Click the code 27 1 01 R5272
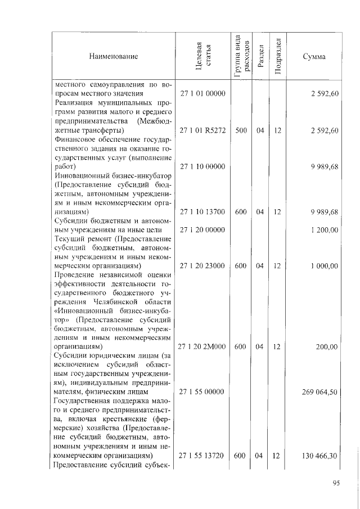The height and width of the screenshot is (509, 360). pos(202,130)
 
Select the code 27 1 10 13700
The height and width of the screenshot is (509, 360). pos(202,211)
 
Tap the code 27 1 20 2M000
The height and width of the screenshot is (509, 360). pos(202,347)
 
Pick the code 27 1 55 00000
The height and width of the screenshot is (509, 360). pos(202,392)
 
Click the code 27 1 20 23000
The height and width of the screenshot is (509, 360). pos(202,265)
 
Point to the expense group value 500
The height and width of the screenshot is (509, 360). pos(241,130)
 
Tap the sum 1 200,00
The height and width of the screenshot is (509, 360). pos(323,229)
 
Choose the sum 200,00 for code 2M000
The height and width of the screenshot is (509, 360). pos(326,347)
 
